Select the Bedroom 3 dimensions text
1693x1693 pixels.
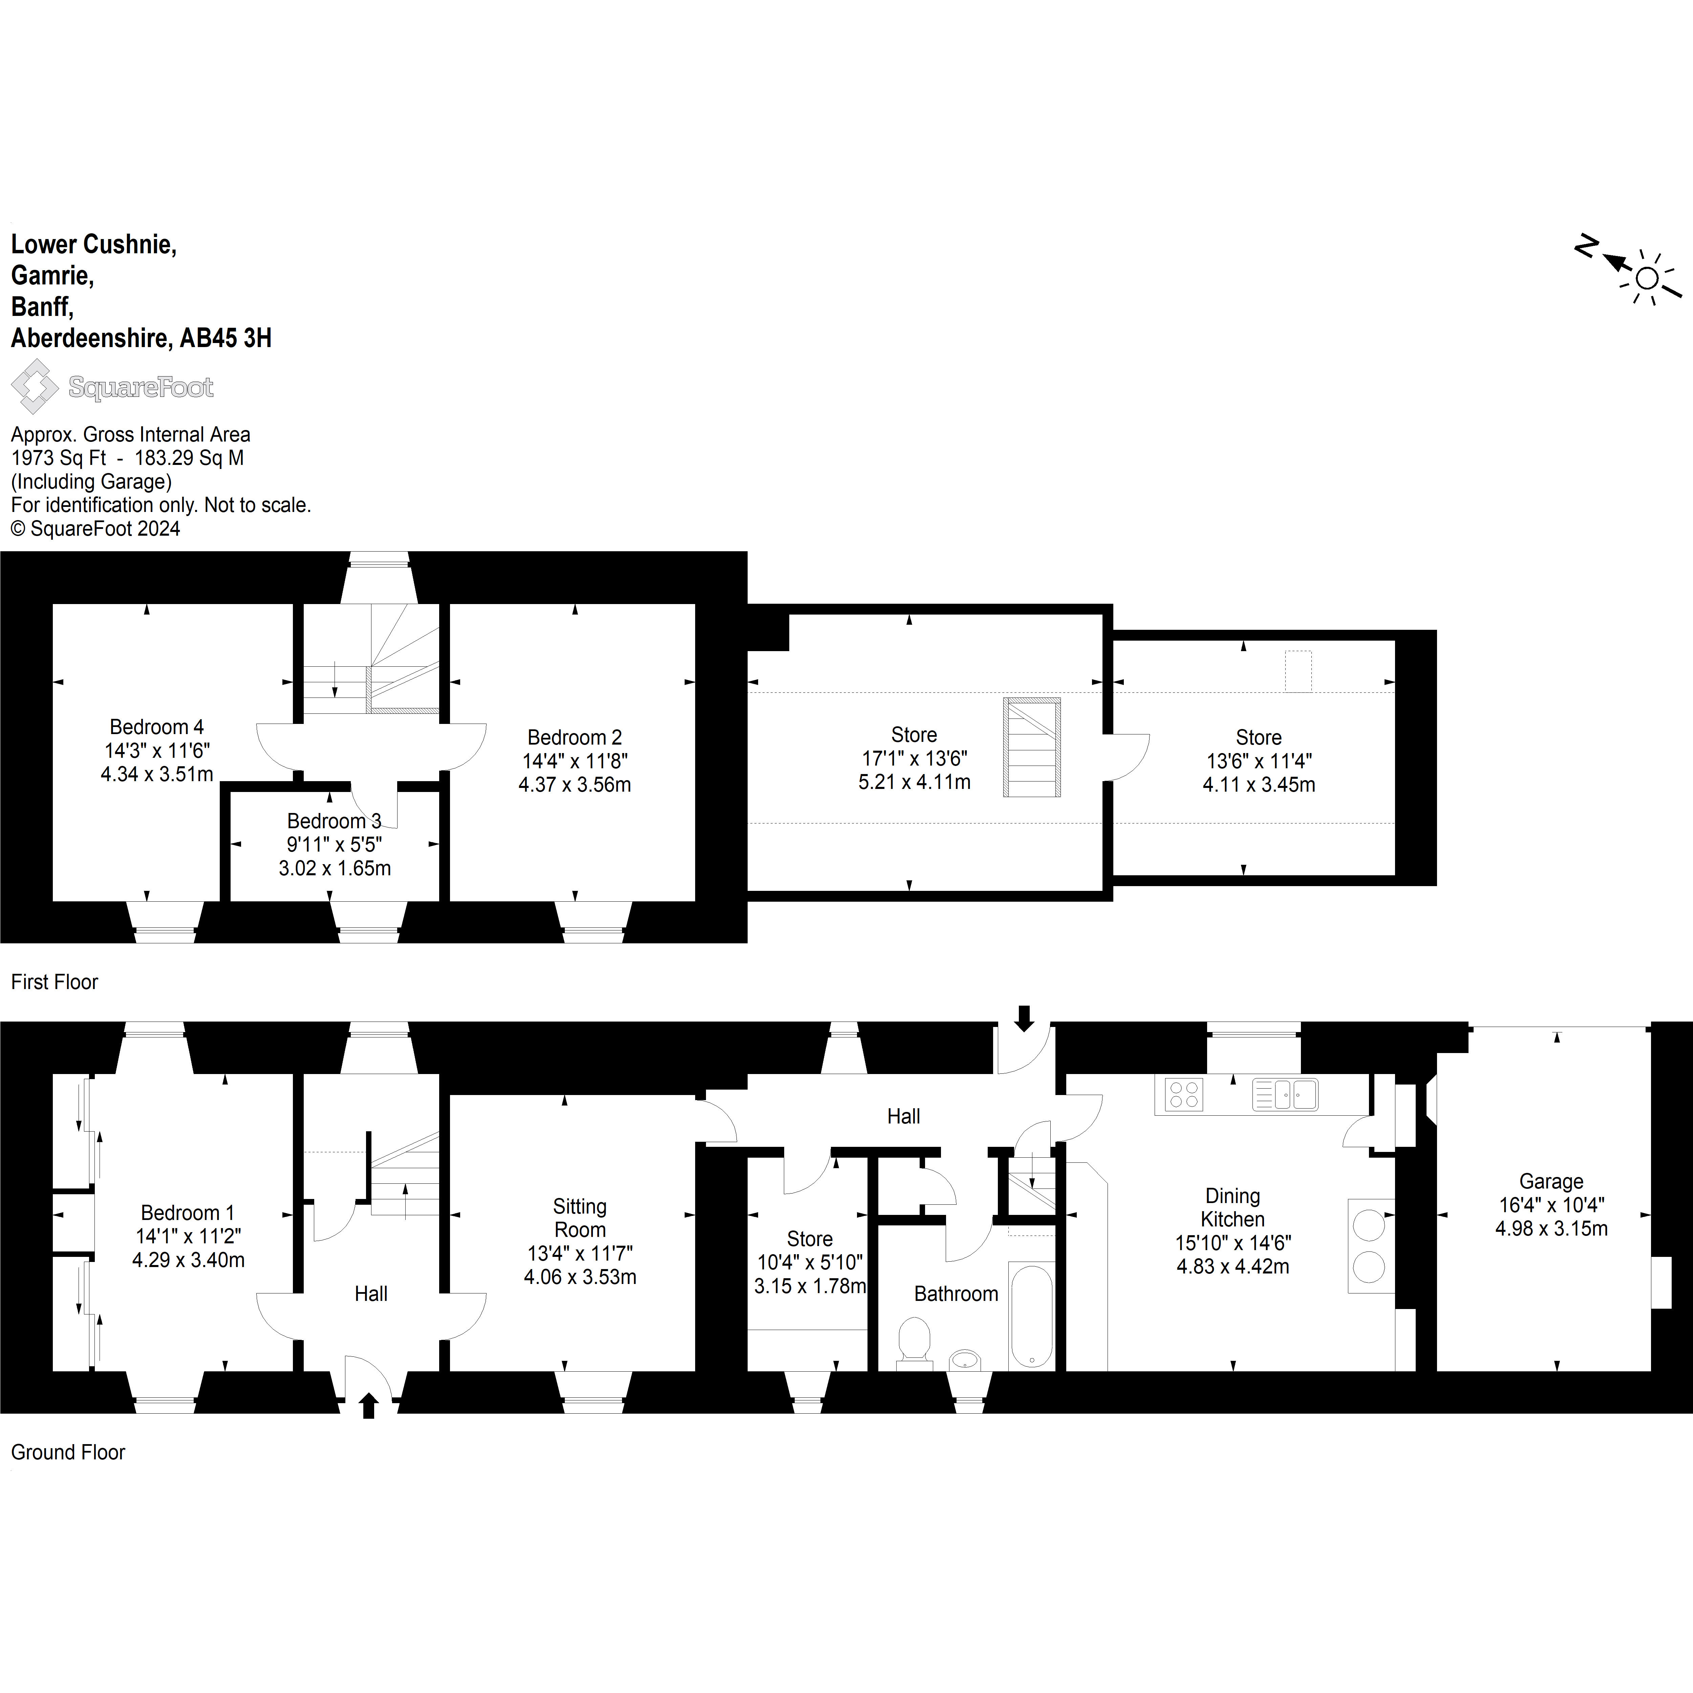click(335, 856)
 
